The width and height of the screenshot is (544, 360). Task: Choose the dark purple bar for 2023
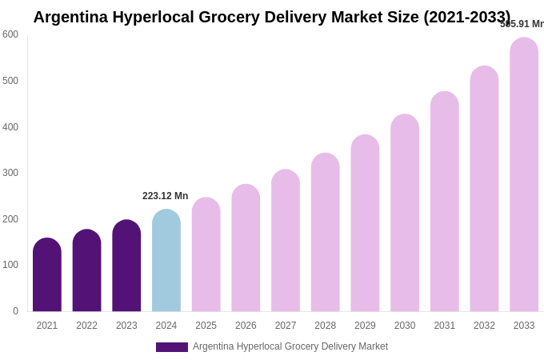coord(126,266)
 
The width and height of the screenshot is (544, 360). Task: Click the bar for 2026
coord(246,248)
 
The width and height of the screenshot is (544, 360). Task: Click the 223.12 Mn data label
coord(165,196)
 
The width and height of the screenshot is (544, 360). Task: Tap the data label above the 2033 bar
coord(522,24)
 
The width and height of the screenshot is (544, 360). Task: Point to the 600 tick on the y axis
coord(10,34)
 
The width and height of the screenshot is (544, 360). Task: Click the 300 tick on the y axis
coord(10,173)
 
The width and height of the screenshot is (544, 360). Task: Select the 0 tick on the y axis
coord(15,311)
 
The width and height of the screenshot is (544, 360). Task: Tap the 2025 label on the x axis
coord(206,326)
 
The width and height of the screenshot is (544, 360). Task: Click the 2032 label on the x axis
coord(484,326)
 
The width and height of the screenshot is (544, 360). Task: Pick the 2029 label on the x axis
coord(365,326)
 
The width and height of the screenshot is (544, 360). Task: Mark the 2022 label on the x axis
coord(86,326)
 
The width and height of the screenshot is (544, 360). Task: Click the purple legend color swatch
coord(172,347)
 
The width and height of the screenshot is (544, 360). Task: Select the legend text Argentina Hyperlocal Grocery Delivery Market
coord(290,346)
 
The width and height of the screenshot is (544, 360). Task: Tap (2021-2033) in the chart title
coord(466,17)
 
